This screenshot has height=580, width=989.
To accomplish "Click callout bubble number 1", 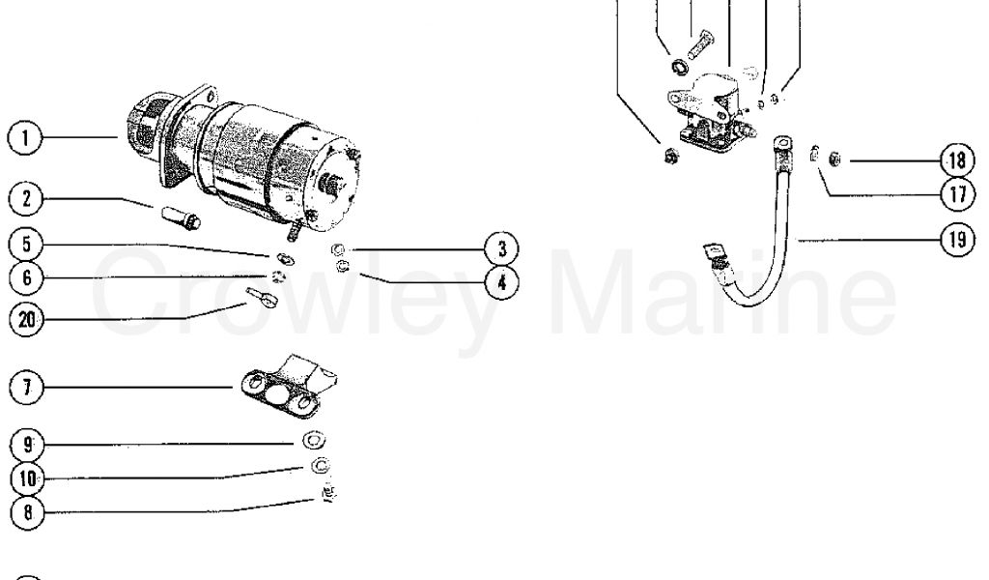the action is pos(25,138).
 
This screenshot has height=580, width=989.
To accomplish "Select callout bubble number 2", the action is pos(26,199).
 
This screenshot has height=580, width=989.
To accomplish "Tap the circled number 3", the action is pos(502,248).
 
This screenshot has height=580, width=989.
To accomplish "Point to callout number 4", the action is pos(502,282).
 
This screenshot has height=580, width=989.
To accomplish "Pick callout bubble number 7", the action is pos(26,387).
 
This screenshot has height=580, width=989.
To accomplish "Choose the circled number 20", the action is pos(26,319).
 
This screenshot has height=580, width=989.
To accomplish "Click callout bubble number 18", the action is pos(957,160).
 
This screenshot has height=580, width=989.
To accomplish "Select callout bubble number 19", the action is pos(957,240).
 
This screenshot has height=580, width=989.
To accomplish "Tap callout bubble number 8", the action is pos(27,511).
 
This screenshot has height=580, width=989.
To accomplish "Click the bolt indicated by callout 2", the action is pos(181,217).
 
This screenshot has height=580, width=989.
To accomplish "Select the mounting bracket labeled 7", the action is pos(289,387).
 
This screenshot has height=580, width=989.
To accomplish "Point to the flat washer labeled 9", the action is pos(314,440).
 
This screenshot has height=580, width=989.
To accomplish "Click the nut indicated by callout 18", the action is pos(834,159).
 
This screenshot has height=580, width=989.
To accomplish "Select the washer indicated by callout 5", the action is pos(285,258).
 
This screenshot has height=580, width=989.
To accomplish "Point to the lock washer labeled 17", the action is pos(814,154).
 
